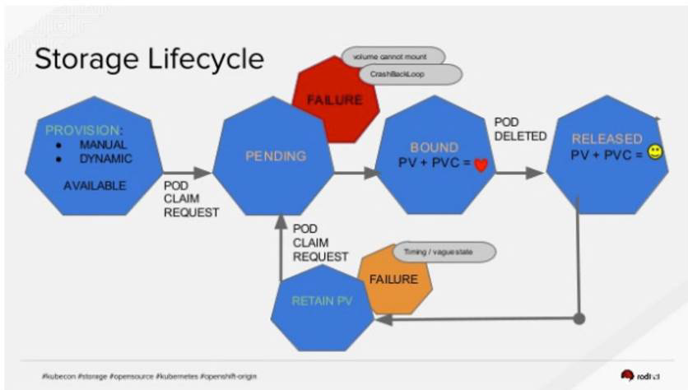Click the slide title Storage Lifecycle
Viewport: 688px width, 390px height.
[x=148, y=58]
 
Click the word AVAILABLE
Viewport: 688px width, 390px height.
[x=95, y=186]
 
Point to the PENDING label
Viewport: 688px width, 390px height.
[x=276, y=156]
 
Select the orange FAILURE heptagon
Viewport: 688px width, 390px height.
[x=393, y=279]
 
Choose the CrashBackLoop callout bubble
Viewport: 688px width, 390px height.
[x=409, y=74]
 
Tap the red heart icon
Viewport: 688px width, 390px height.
[x=481, y=165]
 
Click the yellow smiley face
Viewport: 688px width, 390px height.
[x=655, y=152]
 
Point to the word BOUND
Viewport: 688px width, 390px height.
[x=434, y=147]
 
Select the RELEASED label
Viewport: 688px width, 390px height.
[x=607, y=138]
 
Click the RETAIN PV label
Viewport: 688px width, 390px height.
[x=322, y=301]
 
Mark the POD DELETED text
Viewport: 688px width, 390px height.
[x=520, y=129]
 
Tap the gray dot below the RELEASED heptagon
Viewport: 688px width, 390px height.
[x=579, y=318]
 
